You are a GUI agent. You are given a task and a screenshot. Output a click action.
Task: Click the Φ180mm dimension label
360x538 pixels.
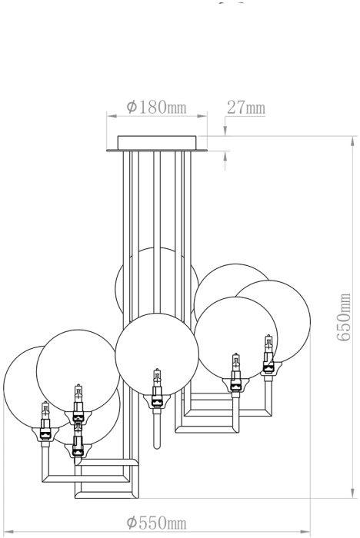click(x=156, y=108)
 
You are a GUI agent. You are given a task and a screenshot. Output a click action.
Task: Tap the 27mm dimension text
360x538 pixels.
click(x=246, y=108)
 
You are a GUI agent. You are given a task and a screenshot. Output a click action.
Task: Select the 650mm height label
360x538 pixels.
click(x=344, y=317)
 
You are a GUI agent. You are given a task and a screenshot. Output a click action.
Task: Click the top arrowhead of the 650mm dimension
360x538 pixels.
click(x=352, y=141)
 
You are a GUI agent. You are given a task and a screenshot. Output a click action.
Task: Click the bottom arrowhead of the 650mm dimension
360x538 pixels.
click(x=352, y=493)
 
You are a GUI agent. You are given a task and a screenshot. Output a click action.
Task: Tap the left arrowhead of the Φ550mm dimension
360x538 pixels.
click(x=8, y=532)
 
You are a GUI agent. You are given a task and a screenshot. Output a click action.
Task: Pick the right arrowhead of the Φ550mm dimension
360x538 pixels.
click(x=305, y=532)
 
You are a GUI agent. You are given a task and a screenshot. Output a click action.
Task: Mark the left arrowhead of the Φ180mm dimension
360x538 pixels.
click(x=112, y=116)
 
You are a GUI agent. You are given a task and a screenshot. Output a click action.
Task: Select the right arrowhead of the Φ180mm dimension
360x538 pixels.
click(x=202, y=116)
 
